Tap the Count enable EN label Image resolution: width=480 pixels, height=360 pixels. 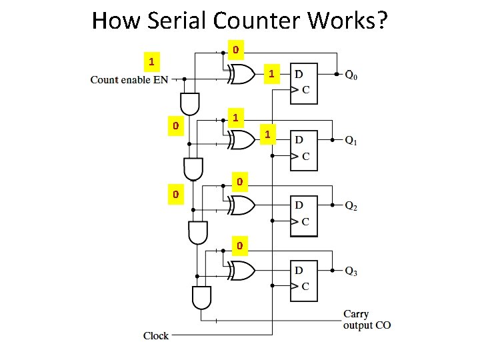coord(129,80)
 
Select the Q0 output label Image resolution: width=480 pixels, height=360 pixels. coord(351,75)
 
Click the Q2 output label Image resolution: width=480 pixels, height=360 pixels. coord(351,207)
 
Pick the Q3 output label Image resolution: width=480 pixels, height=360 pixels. coord(351,271)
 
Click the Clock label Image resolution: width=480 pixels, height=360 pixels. coord(156,335)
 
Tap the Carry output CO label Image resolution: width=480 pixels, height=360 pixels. coord(367,319)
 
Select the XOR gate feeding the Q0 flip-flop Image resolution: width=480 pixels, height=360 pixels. coord(241,75)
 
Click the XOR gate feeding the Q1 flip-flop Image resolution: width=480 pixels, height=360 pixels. coord(241,140)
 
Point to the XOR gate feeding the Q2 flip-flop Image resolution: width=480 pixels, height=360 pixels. coord(241,206)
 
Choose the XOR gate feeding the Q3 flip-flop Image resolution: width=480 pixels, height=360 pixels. coord(241,271)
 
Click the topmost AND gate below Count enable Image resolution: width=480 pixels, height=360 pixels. coord(190,103)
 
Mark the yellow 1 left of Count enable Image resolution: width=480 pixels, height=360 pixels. coord(152,62)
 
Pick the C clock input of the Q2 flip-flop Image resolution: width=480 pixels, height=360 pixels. coord(305,222)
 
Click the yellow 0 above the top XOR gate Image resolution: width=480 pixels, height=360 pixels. coord(235,49)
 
